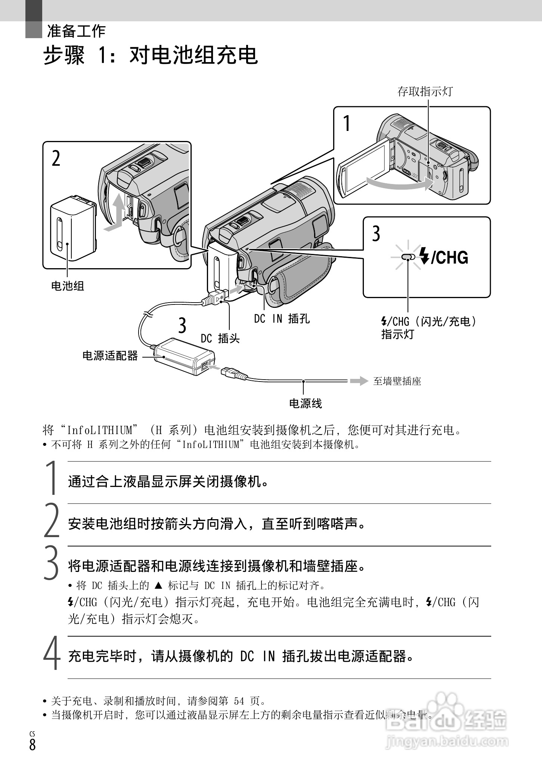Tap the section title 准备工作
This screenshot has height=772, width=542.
(76, 31)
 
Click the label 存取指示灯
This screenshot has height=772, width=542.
(425, 91)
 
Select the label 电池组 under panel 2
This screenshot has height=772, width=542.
(68, 286)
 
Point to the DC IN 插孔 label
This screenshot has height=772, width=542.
(282, 319)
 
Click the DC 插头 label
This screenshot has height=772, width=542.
(220, 338)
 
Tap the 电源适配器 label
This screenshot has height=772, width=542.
(110, 356)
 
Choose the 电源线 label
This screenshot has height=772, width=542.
(305, 404)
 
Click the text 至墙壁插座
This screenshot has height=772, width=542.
(397, 382)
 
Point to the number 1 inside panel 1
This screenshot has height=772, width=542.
(347, 123)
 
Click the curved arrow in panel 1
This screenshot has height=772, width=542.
(400, 184)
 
